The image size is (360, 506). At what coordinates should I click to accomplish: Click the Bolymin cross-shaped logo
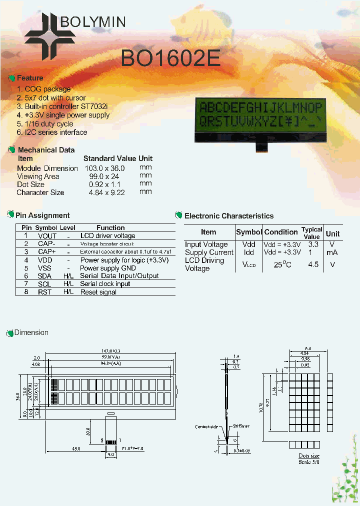pos(50,33)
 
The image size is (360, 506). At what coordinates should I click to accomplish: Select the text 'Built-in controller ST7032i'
pos(62,106)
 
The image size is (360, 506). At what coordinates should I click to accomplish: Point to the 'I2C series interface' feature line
pos(52,132)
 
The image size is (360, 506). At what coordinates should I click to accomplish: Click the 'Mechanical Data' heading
pos(46,150)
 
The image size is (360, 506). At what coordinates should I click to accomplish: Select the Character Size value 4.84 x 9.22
pos(106,192)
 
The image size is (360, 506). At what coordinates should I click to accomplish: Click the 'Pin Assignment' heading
pos(42,215)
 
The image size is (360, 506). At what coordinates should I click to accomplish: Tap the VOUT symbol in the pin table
pos(47,236)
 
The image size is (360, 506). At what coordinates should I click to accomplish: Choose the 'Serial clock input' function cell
pos(105,284)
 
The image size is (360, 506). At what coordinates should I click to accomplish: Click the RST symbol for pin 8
pos(44,292)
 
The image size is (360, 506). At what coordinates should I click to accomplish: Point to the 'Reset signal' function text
pos(98,292)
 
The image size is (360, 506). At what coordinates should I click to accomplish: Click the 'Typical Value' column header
pos(311,233)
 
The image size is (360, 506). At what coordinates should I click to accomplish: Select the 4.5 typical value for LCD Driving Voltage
pos(313,264)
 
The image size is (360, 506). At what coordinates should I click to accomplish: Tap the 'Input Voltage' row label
pos(206,244)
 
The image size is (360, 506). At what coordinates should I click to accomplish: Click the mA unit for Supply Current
pos(332,252)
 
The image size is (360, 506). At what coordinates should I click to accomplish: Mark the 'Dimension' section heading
pos(31,332)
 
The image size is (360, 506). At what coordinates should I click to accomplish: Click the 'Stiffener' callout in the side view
pos(241,426)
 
